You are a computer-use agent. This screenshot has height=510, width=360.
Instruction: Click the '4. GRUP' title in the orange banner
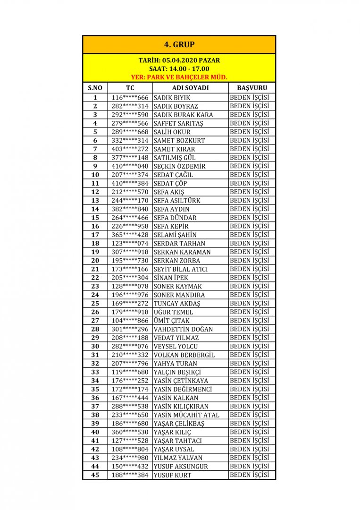click(x=179, y=45)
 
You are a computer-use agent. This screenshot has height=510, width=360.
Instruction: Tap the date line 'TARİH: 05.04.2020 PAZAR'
click(x=179, y=60)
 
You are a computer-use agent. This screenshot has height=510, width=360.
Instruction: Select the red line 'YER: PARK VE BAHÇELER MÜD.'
click(x=179, y=76)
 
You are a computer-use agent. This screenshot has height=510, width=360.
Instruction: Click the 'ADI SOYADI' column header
click(x=191, y=88)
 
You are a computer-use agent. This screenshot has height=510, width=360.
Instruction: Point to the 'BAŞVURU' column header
click(x=252, y=88)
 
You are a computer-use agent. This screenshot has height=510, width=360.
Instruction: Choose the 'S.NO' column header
click(x=95, y=88)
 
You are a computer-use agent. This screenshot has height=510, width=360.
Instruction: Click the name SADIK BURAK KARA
click(x=184, y=115)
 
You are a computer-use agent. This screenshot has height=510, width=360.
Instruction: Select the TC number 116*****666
click(x=130, y=98)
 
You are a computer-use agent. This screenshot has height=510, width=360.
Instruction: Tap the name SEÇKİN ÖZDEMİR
click(x=180, y=166)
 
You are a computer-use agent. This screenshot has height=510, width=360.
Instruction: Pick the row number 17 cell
click(x=95, y=235)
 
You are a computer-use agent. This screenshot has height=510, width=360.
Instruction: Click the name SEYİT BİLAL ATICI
click(x=181, y=269)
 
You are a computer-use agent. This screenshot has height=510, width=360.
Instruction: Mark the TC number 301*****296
click(x=130, y=329)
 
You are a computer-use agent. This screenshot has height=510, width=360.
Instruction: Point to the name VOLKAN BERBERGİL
click(x=184, y=355)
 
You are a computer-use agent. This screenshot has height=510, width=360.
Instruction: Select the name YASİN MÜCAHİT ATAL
click(x=186, y=415)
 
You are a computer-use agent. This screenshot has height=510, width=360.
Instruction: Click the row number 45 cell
click(x=95, y=475)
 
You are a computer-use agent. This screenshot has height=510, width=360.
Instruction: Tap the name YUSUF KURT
click(x=173, y=475)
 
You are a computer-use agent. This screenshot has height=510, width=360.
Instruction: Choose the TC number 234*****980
click(x=130, y=458)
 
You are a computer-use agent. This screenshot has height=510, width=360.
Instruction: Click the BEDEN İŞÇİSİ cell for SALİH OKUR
click(x=249, y=132)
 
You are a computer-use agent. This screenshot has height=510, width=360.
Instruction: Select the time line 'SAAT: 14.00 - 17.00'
click(x=179, y=68)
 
